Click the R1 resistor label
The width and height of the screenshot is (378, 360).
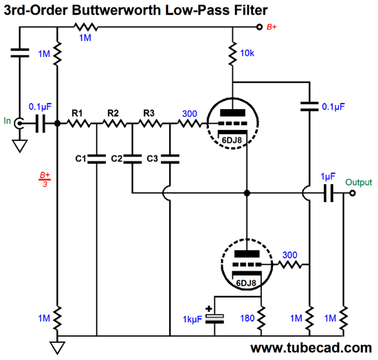click(77, 113)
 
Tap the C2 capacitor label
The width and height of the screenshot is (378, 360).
click(117, 158)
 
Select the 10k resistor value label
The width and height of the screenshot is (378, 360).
click(247, 54)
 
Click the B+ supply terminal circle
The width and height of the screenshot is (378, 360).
click(259, 27)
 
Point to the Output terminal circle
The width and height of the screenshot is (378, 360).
click(353, 193)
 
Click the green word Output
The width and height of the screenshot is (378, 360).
click(359, 182)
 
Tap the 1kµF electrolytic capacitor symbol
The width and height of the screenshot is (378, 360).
click(214, 319)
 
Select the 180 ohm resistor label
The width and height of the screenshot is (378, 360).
click(247, 318)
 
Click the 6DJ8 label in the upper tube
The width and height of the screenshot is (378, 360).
click(232, 140)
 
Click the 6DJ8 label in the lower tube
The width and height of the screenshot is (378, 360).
click(246, 283)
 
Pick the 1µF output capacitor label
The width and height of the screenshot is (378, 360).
click(328, 177)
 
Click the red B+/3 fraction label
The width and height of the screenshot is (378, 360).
click(45, 179)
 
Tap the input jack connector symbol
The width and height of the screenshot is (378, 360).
click(19, 124)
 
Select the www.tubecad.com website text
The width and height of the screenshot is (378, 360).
click(311, 348)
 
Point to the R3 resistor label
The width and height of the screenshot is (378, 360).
click(148, 113)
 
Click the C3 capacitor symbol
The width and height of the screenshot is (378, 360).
click(170, 159)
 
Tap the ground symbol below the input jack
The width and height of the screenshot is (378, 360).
click(20, 146)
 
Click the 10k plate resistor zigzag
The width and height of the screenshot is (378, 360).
click(232, 54)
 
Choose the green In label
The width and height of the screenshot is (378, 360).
click(8, 120)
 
